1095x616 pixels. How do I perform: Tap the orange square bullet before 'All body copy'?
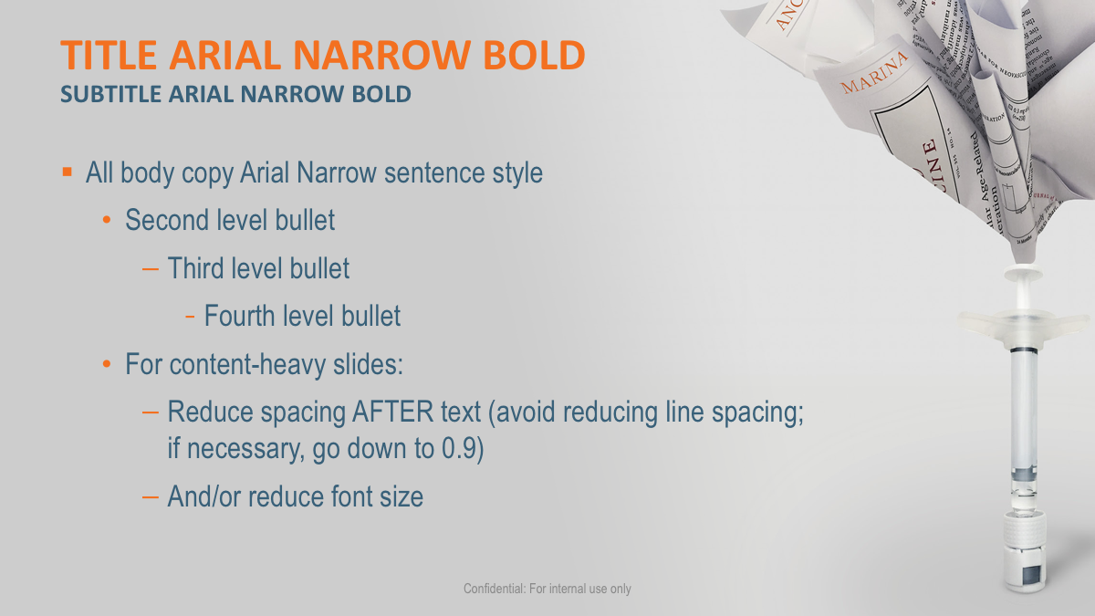(67, 172)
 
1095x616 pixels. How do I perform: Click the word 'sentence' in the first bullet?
(422, 172)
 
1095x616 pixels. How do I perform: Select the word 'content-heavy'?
(255, 365)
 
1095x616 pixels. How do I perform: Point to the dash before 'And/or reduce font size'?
(151, 496)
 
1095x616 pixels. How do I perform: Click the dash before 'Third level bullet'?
(151, 268)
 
